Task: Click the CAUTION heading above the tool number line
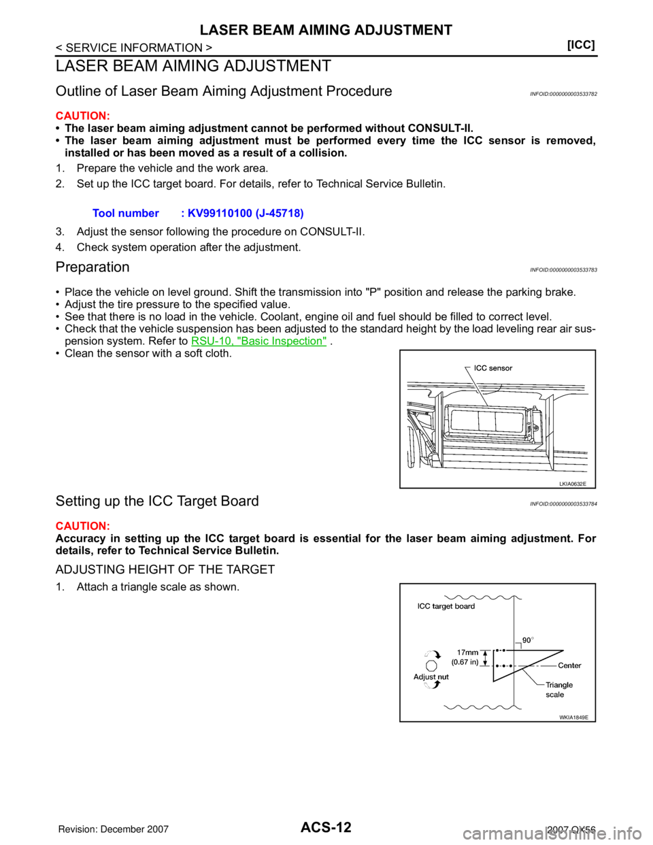[82, 116]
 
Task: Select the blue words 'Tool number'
[125, 214]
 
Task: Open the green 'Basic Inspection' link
[258, 340]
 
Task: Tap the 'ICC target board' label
[446, 606]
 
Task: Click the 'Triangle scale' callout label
[558, 689]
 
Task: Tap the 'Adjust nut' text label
[431, 677]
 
